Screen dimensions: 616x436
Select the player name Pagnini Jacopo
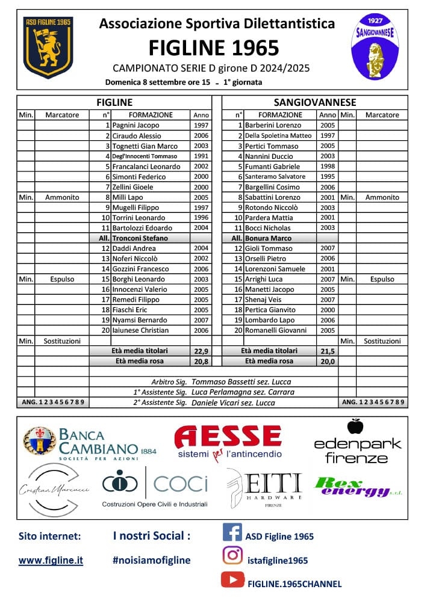tap(136, 125)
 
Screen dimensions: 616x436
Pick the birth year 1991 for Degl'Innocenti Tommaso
tap(201, 156)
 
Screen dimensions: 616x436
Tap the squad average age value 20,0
tap(328, 361)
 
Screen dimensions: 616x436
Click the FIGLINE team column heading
tap(114, 102)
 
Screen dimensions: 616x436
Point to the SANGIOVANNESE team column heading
tap(315, 102)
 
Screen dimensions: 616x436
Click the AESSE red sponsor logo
tap(228, 437)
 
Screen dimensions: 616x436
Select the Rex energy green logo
tap(352, 486)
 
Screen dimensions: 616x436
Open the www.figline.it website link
tap(51, 560)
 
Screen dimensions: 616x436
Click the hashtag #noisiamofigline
tap(151, 560)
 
